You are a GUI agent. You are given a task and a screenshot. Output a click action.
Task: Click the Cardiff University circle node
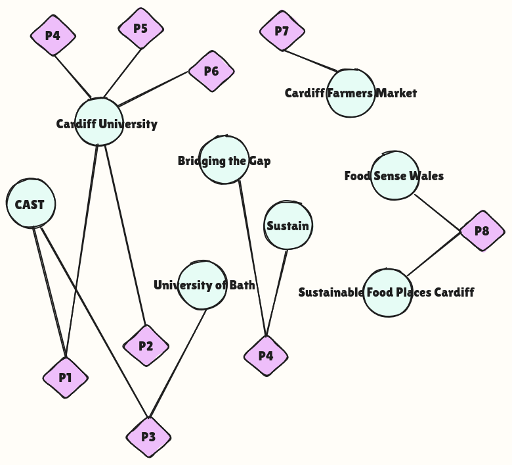pos(99,122)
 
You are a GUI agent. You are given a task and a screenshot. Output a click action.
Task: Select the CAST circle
pos(31,204)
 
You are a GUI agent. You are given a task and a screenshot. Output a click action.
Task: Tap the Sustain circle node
pos(288,226)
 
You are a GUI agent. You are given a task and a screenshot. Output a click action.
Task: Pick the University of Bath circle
pos(203,285)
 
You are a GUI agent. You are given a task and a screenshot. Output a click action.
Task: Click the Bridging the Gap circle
pos(224,160)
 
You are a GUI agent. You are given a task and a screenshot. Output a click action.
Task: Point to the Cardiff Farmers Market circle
pos(351,93)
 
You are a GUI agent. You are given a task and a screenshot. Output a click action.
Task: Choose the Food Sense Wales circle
pos(395,176)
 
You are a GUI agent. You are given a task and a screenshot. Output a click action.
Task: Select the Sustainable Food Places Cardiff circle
pos(387,293)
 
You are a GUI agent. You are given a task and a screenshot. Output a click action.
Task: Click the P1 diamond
pos(66,378)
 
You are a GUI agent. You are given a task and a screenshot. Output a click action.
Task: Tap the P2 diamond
pos(146,345)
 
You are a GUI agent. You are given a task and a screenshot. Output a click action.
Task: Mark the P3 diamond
pos(149,437)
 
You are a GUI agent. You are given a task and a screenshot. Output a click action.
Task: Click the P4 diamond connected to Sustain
pos(266,356)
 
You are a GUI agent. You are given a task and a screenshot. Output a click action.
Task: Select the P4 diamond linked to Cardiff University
pos(53,36)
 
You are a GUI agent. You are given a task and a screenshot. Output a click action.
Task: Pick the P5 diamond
pos(140,28)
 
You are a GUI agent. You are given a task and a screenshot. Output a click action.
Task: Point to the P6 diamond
pos(211,71)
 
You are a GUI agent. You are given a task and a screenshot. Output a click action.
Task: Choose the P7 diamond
pos(282,31)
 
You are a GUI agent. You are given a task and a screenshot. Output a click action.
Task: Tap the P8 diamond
pos(482,231)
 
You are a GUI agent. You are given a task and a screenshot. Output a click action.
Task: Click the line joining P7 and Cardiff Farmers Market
pos(310,61)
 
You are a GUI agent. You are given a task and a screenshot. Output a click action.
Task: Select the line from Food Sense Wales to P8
pos(438,213)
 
